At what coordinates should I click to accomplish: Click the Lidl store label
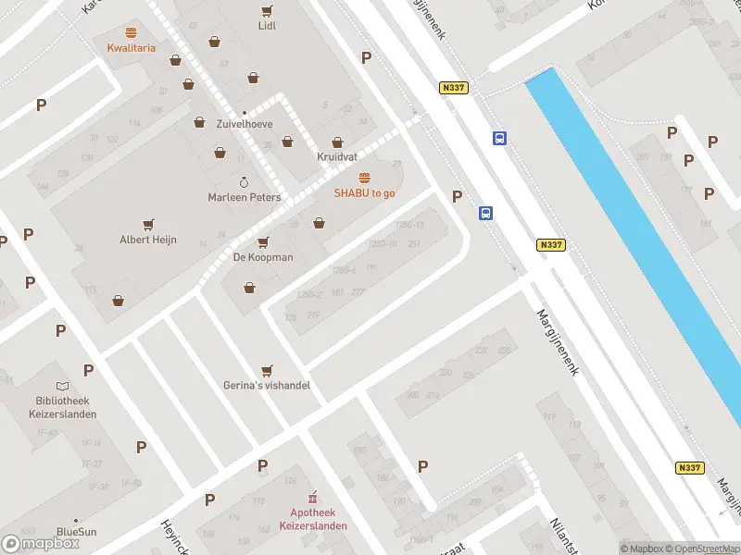267,26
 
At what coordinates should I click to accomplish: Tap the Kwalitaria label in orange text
131,47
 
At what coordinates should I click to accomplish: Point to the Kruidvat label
337,156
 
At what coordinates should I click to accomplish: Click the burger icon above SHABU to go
364,177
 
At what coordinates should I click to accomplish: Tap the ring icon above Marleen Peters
245,182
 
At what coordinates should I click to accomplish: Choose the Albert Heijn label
148,240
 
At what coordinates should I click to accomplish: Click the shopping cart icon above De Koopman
263,241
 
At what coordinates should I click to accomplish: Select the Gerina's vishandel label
267,385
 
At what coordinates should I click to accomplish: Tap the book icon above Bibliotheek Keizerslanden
62,386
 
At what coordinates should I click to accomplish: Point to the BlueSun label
75,531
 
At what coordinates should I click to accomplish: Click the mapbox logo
41,543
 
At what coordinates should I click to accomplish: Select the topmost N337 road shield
454,88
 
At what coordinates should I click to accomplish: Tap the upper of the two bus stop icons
499,139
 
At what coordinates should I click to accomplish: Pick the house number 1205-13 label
408,225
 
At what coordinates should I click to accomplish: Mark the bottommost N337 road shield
689,468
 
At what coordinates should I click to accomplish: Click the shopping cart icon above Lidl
267,10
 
